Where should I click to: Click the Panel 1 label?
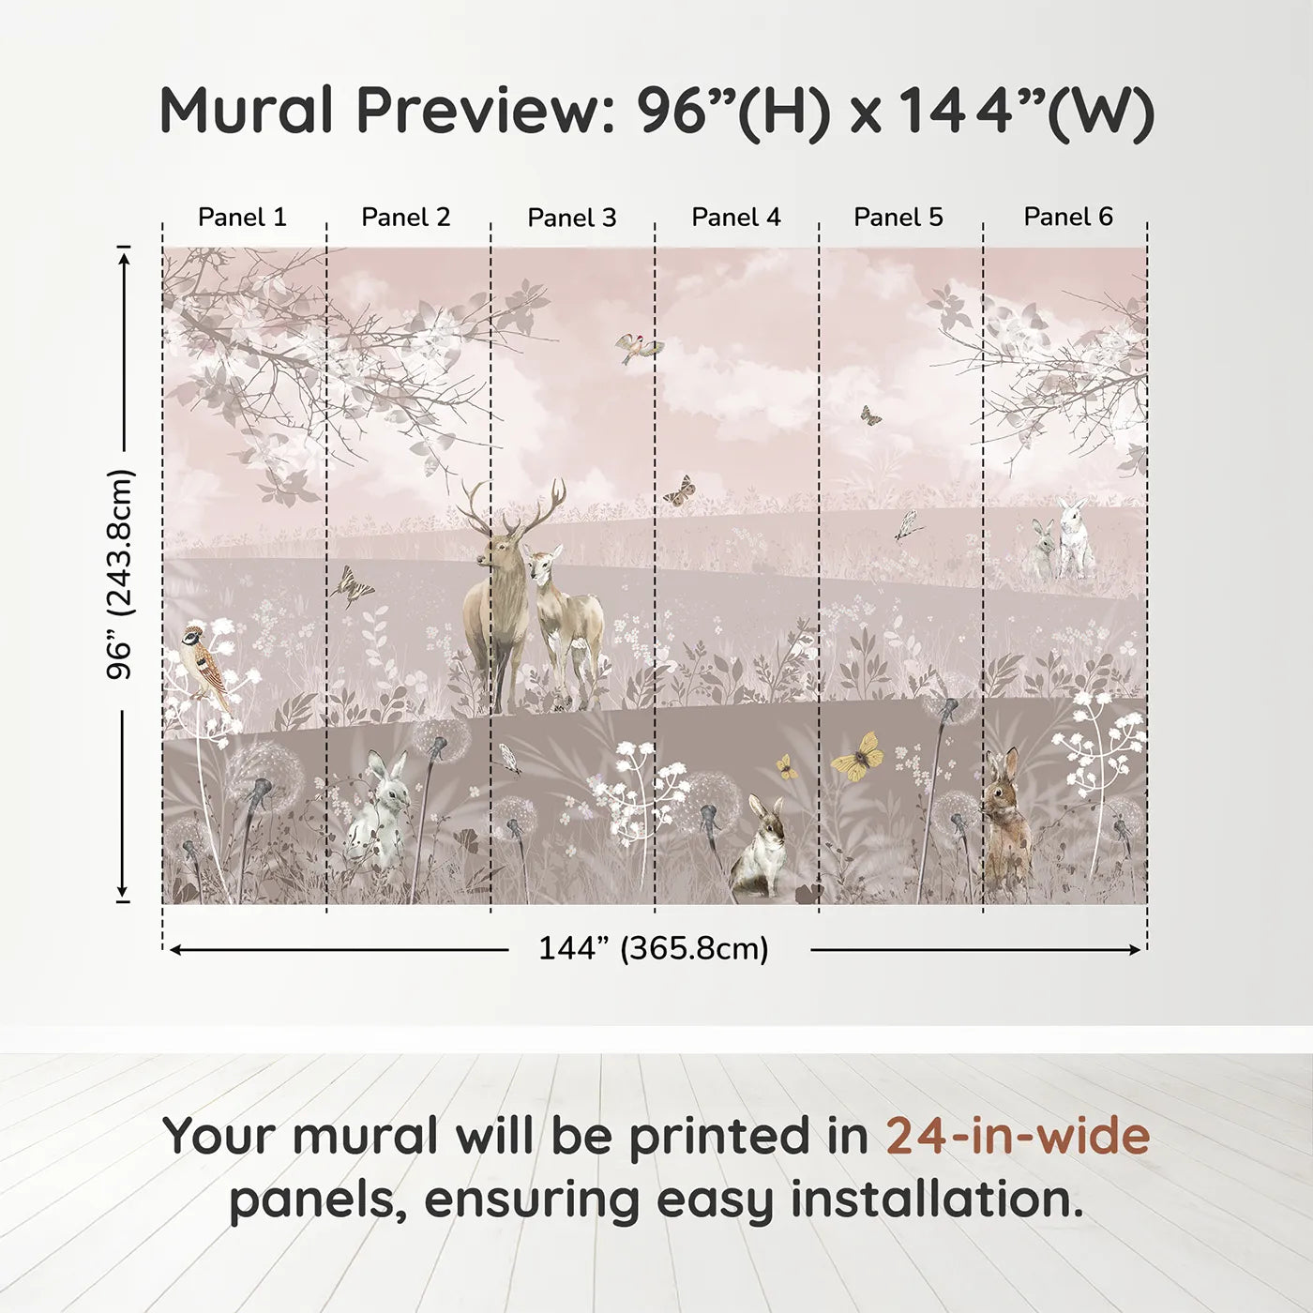tap(242, 218)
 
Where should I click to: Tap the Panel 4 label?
tap(735, 218)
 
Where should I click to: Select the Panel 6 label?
tap(1067, 218)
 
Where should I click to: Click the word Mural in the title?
tap(247, 111)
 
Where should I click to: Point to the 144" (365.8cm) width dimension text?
tap(653, 949)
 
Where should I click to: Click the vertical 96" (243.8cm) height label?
tap(121, 574)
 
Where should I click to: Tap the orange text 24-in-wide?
tap(1018, 1136)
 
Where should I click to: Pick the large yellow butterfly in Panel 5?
tap(858, 755)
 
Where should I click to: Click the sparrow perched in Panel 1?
tap(207, 661)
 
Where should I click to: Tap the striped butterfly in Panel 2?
tap(352, 587)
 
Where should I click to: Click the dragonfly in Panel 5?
tap(906, 526)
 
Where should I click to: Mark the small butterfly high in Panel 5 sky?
tap(870, 415)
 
